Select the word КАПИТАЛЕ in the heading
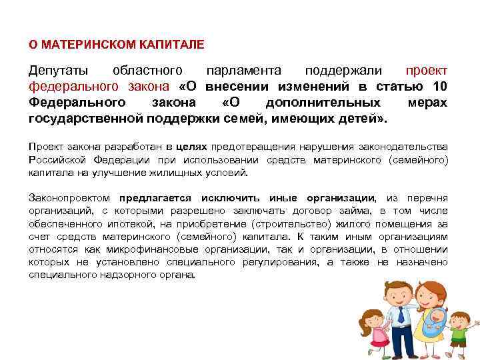[174, 45]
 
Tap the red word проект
[427, 71]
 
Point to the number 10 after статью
[440, 87]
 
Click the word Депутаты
[56, 71]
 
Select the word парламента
[243, 71]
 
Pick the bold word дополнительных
[323, 103]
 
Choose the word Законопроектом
[71, 199]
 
